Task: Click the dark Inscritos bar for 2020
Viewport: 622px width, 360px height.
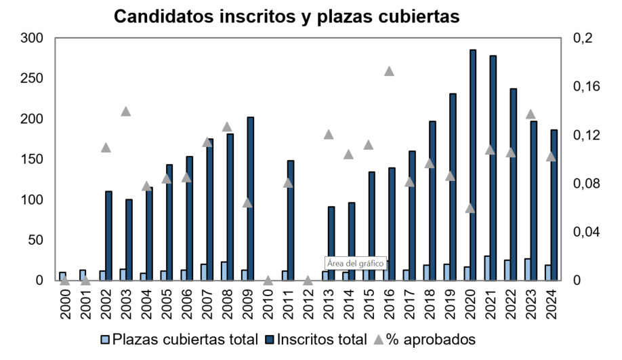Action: (x=473, y=165)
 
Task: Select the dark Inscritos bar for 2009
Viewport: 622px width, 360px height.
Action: (x=250, y=199)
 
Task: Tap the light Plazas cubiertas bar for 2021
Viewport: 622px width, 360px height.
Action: (x=487, y=268)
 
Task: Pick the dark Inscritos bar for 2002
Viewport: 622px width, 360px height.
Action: (x=108, y=235)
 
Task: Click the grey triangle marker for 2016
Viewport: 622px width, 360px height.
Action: (x=389, y=71)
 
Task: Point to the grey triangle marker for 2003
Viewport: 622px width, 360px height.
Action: (x=125, y=111)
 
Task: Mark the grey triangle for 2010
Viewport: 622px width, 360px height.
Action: (x=268, y=280)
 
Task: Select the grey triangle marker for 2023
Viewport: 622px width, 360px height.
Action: (x=531, y=114)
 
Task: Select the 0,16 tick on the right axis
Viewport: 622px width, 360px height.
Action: (x=587, y=87)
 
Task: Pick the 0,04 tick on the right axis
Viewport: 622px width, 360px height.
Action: (x=587, y=232)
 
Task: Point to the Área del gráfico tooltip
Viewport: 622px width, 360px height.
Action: (x=355, y=262)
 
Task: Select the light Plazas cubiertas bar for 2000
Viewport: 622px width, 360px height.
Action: (x=62, y=276)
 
